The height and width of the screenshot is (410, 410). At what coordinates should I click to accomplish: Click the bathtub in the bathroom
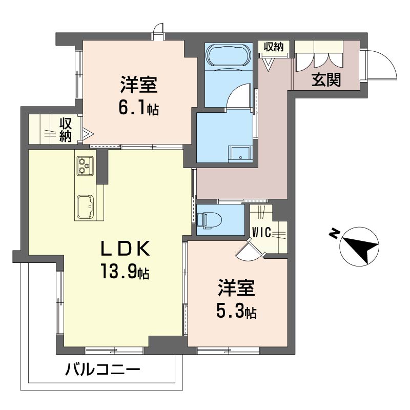pos(229,55)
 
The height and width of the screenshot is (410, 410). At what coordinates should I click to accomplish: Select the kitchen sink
pos(85,206)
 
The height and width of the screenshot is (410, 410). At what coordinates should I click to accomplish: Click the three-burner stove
pos(84,166)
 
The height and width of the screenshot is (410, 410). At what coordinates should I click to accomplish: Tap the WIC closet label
pos(261,232)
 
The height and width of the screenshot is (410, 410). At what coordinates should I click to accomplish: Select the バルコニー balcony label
pos(102,369)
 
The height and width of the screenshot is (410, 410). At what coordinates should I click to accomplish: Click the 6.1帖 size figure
pos(138,108)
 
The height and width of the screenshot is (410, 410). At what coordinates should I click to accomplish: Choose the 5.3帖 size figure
pos(236,311)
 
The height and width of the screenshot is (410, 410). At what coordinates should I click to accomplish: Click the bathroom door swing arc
pos(239,96)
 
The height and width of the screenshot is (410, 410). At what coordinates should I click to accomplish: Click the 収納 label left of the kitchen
pos(65,130)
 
